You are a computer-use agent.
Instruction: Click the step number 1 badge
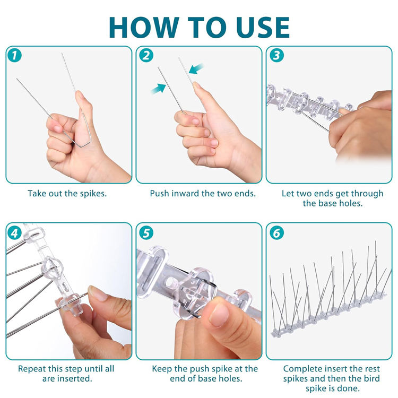tap(15, 55)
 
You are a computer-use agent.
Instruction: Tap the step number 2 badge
tap(146, 55)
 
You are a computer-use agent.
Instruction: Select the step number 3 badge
tap(276, 55)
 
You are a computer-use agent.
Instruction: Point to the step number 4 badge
tap(15, 232)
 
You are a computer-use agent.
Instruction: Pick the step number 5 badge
tap(146, 232)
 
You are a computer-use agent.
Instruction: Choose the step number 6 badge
tap(276, 232)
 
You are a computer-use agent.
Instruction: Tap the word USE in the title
tap(263, 28)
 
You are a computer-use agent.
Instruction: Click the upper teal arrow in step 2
tap(196, 68)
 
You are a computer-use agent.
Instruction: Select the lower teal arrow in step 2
tap(158, 89)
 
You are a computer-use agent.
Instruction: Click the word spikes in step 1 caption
tap(93, 194)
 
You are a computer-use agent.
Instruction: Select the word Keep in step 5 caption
tap(162, 369)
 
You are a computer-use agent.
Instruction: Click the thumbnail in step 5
tap(219, 315)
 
